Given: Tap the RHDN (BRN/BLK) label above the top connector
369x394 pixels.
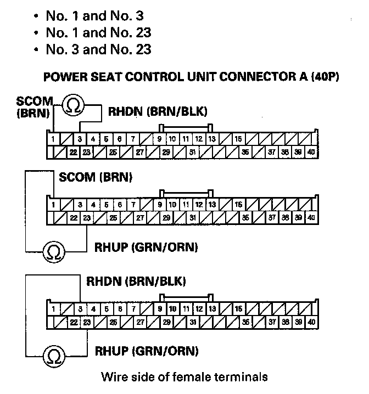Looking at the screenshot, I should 158,112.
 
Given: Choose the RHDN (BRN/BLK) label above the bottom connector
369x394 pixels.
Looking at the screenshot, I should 136,282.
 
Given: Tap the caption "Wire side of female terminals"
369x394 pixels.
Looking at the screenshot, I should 185,377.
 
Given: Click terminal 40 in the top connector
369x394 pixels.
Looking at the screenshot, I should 311,151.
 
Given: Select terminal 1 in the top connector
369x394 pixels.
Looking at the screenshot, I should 53,139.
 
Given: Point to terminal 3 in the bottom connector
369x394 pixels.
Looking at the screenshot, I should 81,309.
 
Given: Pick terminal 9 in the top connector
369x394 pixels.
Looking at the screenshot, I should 159,139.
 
